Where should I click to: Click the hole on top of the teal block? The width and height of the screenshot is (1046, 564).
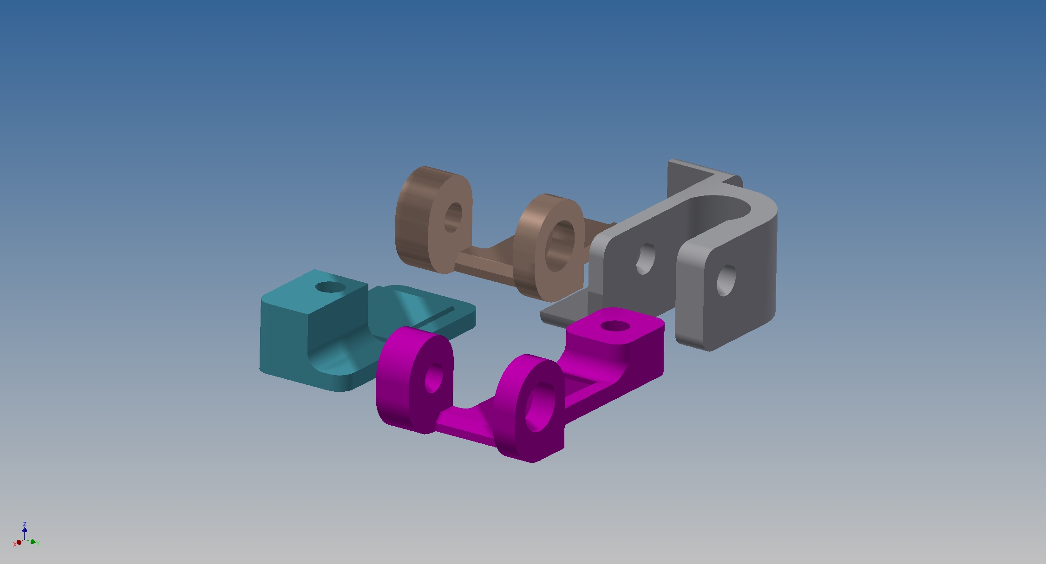pyautogui.click(x=330, y=287)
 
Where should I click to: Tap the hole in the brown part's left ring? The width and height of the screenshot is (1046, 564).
pyautogui.click(x=453, y=217)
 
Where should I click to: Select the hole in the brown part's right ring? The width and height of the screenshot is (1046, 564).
pyautogui.click(x=559, y=246)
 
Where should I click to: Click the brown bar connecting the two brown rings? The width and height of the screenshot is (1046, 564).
pyautogui.click(x=485, y=260)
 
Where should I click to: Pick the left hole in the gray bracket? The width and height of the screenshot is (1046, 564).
pyautogui.click(x=645, y=259)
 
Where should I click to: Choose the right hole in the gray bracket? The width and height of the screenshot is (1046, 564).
pyautogui.click(x=726, y=280)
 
